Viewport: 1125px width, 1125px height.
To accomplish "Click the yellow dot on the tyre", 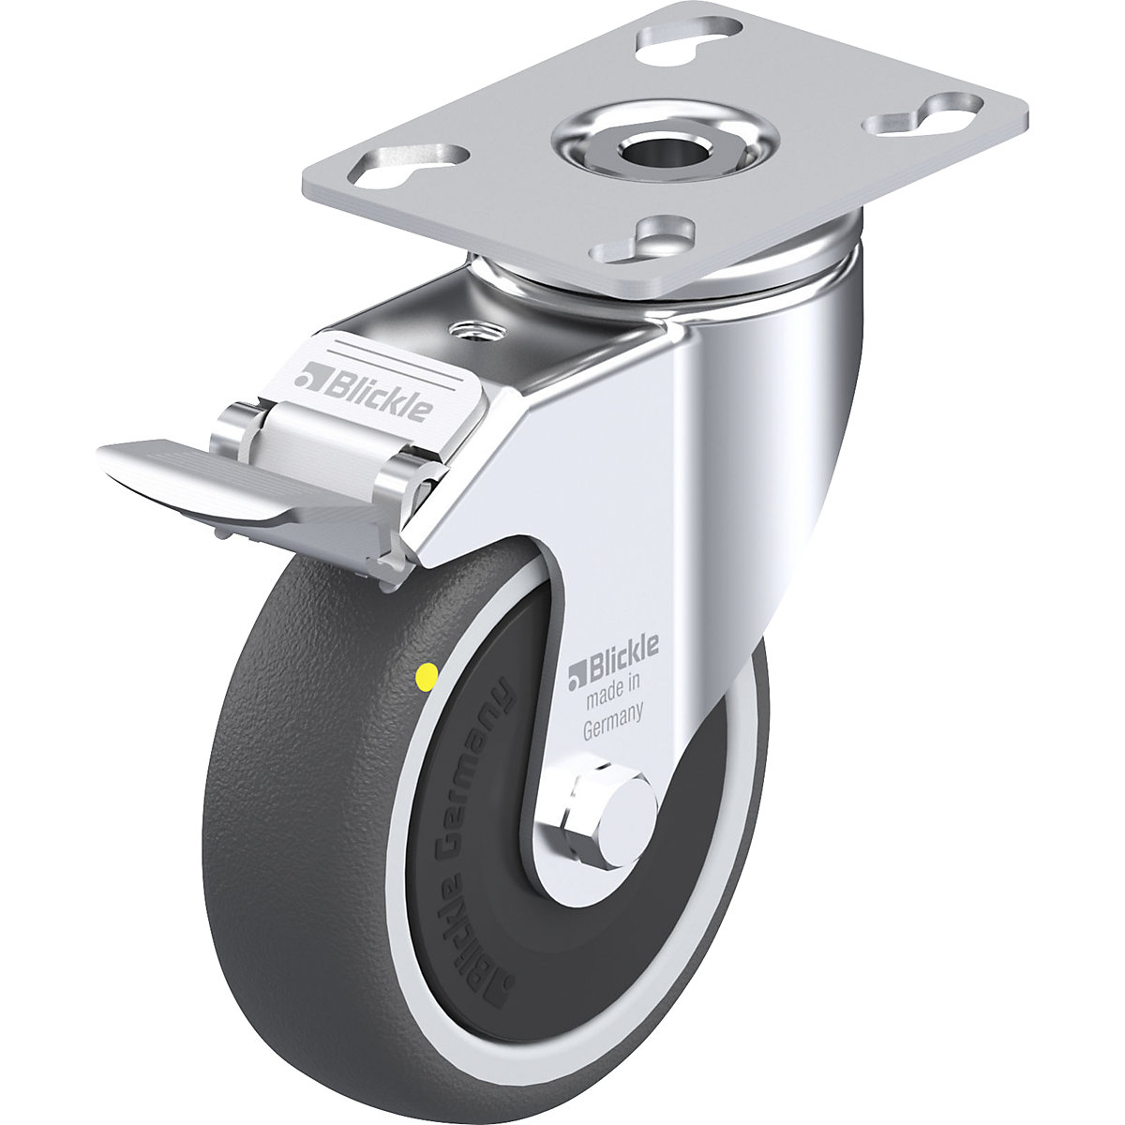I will tap(427, 674).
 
